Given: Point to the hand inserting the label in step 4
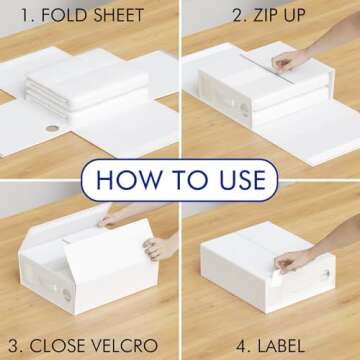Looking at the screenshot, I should point(296,262).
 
